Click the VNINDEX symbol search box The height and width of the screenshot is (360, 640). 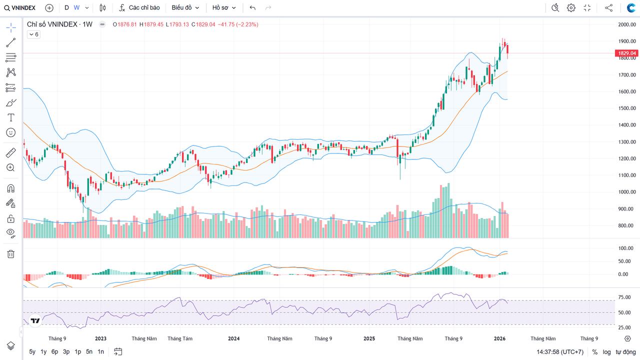point(20,8)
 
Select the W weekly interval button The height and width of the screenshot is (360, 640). point(76,8)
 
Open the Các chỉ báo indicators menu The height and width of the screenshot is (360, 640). point(139,8)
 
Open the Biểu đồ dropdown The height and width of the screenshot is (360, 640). point(185,8)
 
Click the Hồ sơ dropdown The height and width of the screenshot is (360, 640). point(223,8)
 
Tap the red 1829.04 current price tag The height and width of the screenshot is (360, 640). point(626,53)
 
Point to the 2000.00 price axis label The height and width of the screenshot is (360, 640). point(626,24)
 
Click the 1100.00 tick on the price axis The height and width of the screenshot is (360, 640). point(626,175)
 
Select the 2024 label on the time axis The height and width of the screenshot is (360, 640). point(233,338)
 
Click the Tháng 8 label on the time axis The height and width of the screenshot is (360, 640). point(180,338)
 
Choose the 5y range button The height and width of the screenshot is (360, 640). point(32,351)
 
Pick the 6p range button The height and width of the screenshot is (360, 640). point(54,351)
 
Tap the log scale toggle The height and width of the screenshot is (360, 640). point(606,352)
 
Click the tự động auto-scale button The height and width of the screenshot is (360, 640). point(625,352)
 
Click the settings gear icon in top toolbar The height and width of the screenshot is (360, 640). point(571,8)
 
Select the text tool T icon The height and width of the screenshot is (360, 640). point(10,117)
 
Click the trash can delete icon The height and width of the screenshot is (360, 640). point(10,254)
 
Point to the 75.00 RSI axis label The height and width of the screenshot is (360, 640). point(624,297)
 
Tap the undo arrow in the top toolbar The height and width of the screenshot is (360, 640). point(252,8)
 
